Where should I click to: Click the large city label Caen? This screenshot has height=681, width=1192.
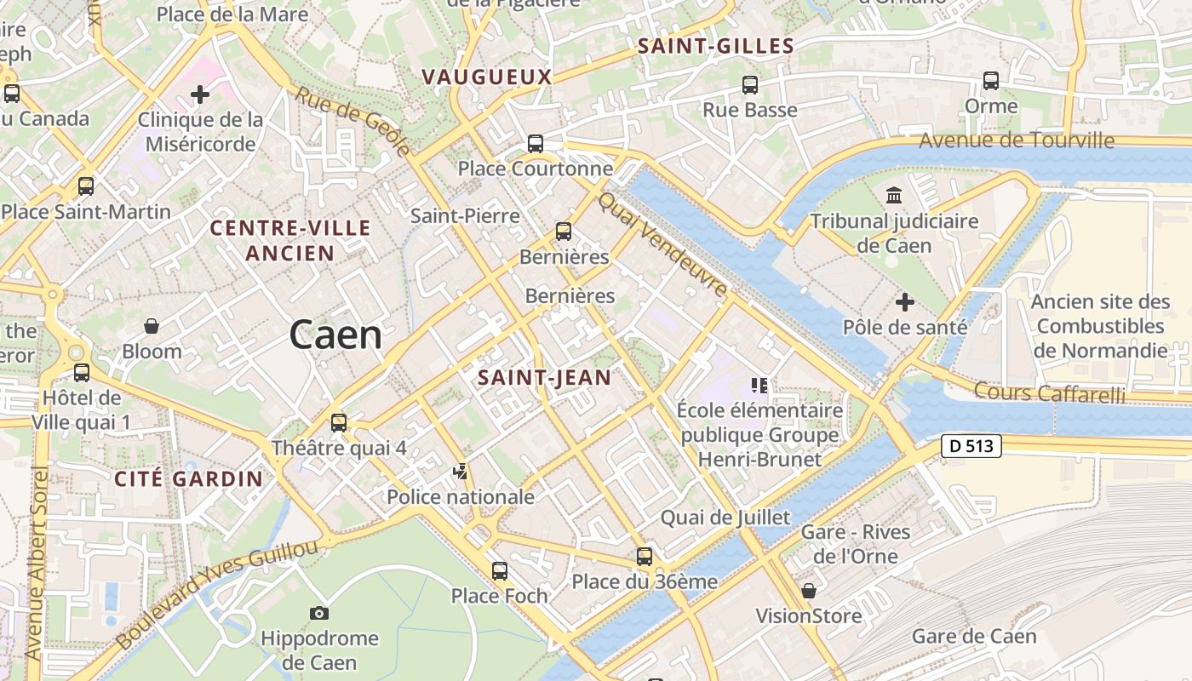coord(335,335)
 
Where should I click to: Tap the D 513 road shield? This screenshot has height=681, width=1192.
coord(971,446)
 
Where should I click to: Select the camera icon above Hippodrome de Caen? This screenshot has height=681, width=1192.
coord(319,613)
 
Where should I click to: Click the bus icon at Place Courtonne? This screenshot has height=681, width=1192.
coord(535,144)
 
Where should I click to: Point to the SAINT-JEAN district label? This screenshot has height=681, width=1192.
coord(544,377)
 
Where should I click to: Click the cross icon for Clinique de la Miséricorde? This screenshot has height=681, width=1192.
coord(200,94)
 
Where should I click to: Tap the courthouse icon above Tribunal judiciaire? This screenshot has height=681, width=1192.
coord(894,197)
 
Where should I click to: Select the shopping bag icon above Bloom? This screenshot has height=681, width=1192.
coord(152,326)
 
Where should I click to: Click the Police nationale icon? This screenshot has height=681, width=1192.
coord(461,471)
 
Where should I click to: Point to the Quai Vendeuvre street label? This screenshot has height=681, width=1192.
coord(663,244)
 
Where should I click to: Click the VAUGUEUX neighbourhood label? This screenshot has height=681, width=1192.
coord(487,77)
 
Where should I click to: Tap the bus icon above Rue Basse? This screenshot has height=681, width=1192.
coord(749,85)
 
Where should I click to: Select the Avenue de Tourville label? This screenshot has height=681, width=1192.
coord(1017,140)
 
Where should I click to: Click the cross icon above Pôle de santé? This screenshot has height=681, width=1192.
coord(905,302)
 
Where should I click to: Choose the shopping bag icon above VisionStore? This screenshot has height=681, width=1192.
coord(809,591)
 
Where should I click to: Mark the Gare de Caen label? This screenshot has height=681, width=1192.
coord(974,636)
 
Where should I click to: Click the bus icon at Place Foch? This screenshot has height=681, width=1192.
coord(500,570)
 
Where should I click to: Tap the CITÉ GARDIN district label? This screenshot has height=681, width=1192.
coord(189,478)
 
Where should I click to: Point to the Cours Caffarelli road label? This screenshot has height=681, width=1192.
coord(1049,392)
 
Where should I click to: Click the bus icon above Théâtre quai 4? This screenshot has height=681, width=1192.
coord(339,422)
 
